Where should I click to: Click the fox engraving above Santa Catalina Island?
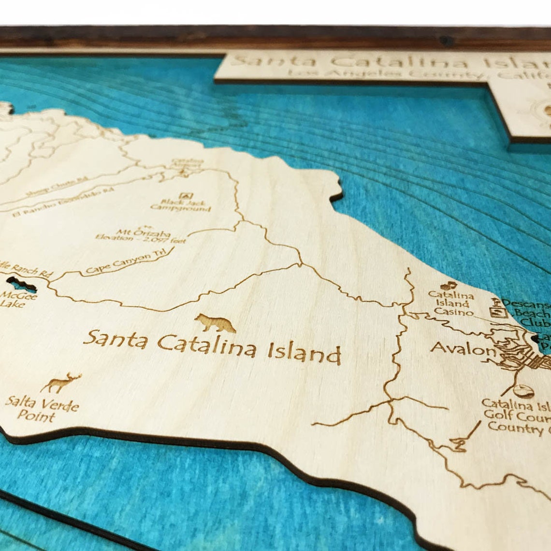click(215, 323)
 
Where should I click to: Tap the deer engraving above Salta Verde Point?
click(61, 382)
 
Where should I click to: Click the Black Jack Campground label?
click(181, 205)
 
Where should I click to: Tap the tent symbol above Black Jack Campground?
click(184, 196)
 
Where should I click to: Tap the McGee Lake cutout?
click(21, 284)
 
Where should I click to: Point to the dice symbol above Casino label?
click(447, 285)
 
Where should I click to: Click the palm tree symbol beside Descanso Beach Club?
click(495, 302)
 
